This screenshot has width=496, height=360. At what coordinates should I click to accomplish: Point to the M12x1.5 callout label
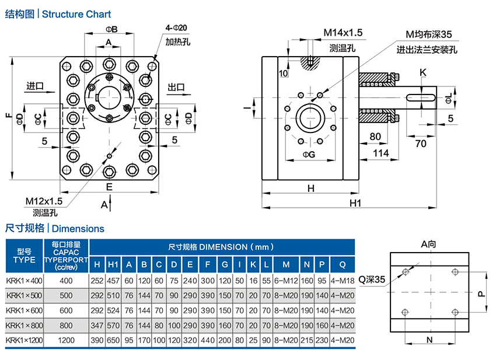44,201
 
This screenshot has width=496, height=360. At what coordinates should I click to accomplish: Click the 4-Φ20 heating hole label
176,28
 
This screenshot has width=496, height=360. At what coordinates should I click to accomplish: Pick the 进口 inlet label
35,86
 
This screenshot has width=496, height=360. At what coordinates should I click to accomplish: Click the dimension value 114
380,153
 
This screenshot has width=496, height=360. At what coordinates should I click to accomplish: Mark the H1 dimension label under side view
355,203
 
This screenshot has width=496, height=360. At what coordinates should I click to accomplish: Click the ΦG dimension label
309,155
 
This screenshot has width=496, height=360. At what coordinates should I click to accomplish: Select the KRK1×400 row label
24,280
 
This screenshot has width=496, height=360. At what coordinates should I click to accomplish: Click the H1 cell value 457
113,280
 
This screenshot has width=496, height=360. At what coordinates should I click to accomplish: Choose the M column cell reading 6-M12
286,280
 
